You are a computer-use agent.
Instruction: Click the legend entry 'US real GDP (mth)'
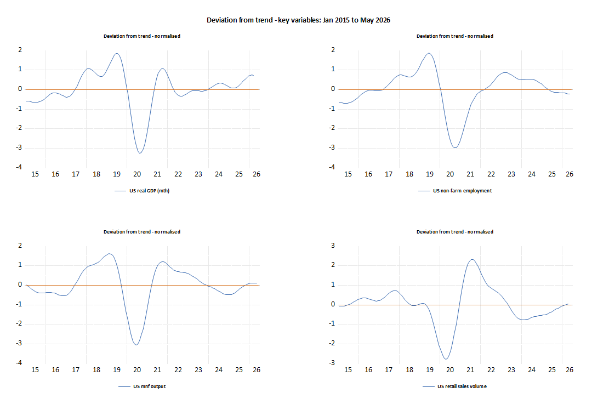[150, 191]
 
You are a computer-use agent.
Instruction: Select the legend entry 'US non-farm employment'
[463, 191]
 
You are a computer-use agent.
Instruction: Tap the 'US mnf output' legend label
[150, 386]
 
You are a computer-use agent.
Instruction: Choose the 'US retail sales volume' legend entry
[462, 386]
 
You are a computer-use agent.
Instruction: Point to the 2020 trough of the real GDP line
[140, 153]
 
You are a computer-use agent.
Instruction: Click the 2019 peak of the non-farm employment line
[429, 53]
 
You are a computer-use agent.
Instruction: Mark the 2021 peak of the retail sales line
[472, 259]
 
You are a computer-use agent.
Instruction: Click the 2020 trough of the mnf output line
[136, 345]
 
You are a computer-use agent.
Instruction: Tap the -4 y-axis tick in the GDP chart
[19, 167]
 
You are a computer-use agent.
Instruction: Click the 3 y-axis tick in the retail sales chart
[333, 246]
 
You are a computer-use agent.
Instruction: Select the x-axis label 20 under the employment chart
[450, 174]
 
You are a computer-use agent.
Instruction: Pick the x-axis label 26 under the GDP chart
[257, 174]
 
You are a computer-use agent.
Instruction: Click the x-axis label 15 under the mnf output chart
[35, 369]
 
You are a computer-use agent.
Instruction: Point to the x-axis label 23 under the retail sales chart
[511, 369]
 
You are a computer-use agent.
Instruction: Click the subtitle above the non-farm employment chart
[455, 36]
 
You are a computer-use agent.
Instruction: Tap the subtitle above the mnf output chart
[142, 232]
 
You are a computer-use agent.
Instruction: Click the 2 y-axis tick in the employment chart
[333, 50]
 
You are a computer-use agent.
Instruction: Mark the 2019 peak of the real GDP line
[117, 53]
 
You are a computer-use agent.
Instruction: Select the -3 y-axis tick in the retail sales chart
[332, 363]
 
